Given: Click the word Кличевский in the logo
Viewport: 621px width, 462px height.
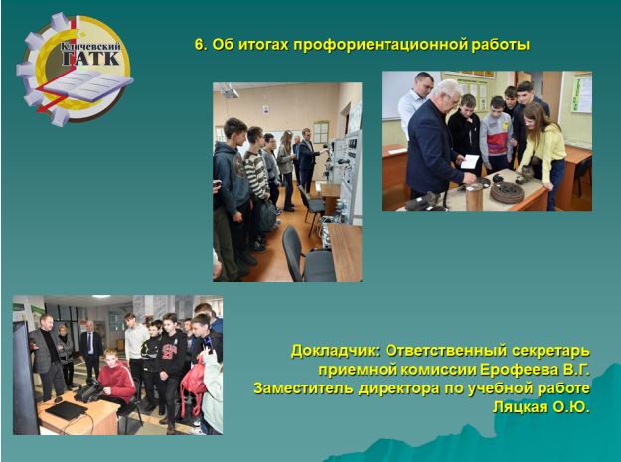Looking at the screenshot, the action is pyautogui.click(x=90, y=47).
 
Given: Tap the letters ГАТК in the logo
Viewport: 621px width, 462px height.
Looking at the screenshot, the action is pyautogui.click(x=91, y=59).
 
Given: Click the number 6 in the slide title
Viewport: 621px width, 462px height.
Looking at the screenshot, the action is pyautogui.click(x=201, y=45).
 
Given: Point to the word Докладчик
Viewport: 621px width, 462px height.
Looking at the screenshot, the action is pyautogui.click(x=336, y=351).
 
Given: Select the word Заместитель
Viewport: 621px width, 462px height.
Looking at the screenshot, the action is pyautogui.click(x=304, y=388).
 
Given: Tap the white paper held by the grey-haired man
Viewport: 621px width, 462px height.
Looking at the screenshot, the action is pyautogui.click(x=470, y=162).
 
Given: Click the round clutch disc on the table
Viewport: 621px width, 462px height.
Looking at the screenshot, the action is pyautogui.click(x=507, y=192).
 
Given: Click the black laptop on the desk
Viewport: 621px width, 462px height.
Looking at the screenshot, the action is pyautogui.click(x=67, y=410).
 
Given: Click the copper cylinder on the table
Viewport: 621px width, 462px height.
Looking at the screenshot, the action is pyautogui.click(x=475, y=197).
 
